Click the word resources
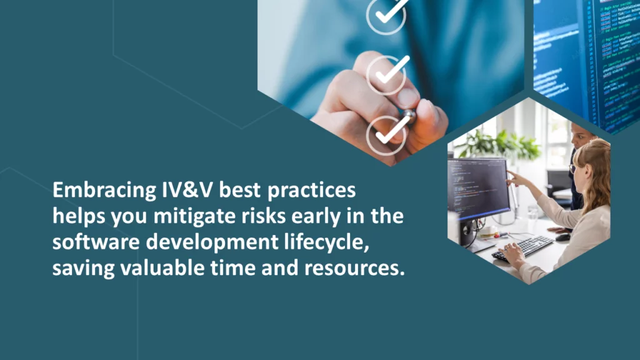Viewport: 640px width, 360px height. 353,269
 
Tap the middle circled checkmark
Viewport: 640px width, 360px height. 387,73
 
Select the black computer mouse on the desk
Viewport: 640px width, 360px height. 563,237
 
